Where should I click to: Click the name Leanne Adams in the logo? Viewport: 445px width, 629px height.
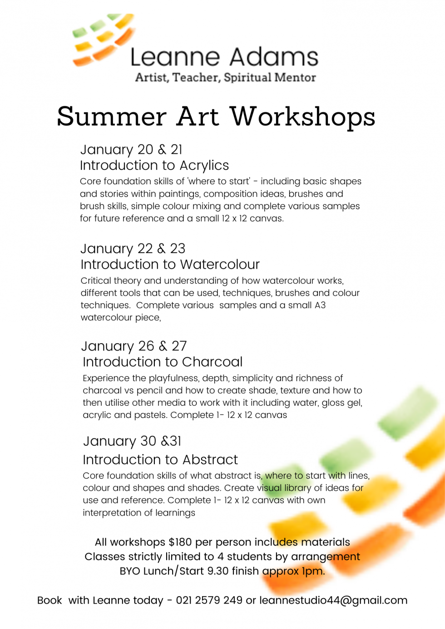pos(224,58)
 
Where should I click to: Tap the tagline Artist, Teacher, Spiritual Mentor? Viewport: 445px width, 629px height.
pos(225,78)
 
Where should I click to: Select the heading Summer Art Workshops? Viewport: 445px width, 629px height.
pos(216,117)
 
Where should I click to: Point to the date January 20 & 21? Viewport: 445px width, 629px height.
pos(131,149)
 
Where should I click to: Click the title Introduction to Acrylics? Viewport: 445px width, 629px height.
pos(154,165)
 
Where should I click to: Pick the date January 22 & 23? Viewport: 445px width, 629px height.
pos(133,248)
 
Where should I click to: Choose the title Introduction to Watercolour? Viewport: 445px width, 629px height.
pos(170,264)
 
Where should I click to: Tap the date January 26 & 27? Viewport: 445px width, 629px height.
pos(134,346)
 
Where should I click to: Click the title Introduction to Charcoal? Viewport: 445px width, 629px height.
pos(163,362)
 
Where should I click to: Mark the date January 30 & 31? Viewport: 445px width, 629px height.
pos(132,441)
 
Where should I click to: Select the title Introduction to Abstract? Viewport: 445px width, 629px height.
pos(160,460)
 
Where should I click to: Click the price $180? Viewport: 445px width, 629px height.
pos(180,542)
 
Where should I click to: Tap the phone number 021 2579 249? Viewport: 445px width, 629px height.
pos(209,600)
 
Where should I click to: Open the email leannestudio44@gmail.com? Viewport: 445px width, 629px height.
pos(333,600)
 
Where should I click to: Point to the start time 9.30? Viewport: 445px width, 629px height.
pos(218,571)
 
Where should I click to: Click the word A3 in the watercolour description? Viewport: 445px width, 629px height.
pos(320,305)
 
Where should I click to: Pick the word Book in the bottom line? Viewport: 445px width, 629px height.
pos(49,600)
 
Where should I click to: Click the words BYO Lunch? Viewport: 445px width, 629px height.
pos(146,571)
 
